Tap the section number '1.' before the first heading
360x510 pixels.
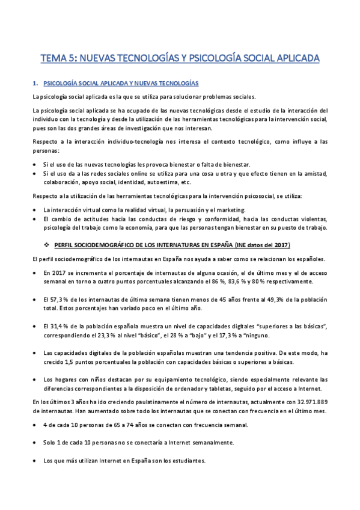pos(35,83)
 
